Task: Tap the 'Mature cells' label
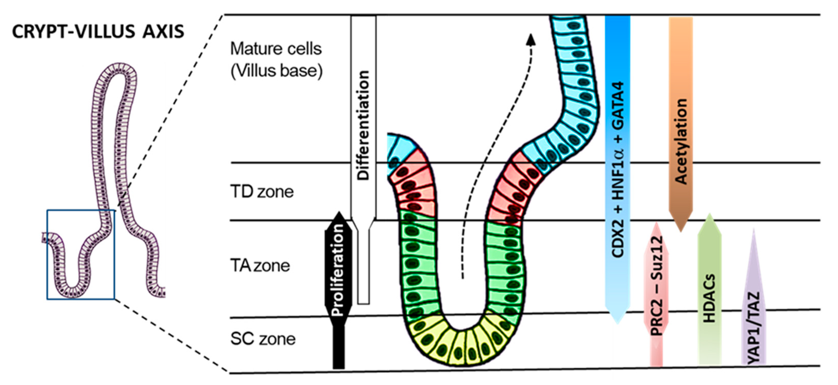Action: pyautogui.click(x=276, y=49)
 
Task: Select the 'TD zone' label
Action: pyautogui.click(x=262, y=192)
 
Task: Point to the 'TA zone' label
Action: pyautogui.click(x=260, y=265)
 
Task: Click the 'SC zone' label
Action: pyautogui.click(x=263, y=339)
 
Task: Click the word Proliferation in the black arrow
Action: pyautogui.click(x=338, y=270)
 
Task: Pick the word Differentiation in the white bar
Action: pyautogui.click(x=363, y=125)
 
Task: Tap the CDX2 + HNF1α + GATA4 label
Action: pyautogui.click(x=617, y=169)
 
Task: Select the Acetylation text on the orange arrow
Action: pyautogui.click(x=680, y=141)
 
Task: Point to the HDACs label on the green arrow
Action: pyautogui.click(x=710, y=298)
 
